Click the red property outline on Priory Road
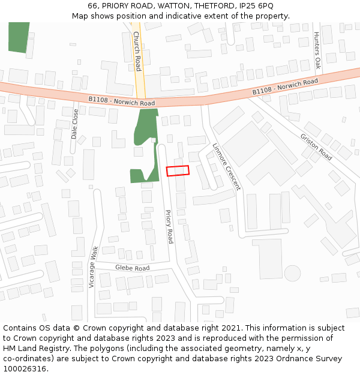tap(178, 170)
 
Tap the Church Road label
tap(137, 51)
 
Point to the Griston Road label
tap(316, 146)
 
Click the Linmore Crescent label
tap(227, 166)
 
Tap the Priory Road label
tap(169, 226)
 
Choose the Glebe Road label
tap(132, 268)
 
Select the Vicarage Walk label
tap(92, 267)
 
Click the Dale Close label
tap(75, 124)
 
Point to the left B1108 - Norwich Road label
tap(122, 101)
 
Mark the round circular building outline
tap(292, 273)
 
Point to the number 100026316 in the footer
tap(23, 369)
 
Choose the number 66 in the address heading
tap(93, 6)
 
